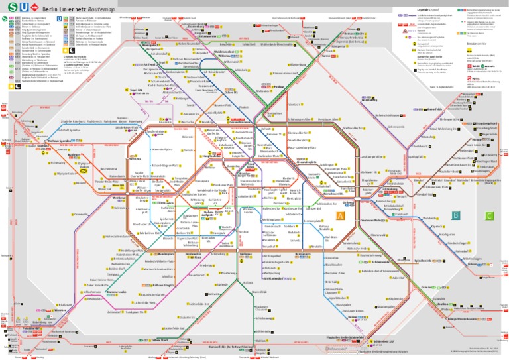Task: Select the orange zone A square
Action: pos(340,216)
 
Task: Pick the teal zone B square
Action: pos(455,215)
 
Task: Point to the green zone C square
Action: pos(489,215)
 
